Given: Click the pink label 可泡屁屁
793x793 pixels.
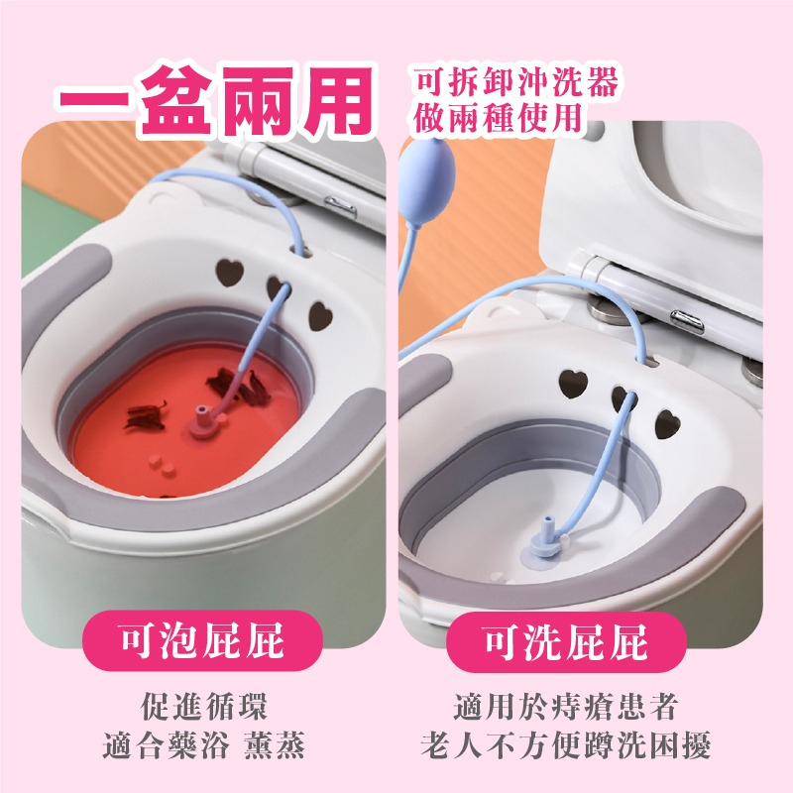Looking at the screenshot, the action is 202,640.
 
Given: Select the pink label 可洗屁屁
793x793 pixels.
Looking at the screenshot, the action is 566,641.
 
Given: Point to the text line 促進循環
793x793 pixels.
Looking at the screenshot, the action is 203,706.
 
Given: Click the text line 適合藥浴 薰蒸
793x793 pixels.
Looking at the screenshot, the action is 203,744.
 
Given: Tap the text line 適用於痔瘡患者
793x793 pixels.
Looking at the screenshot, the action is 565,706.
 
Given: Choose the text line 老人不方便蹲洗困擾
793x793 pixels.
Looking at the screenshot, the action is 565,744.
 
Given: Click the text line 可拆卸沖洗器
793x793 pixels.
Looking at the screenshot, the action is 516,82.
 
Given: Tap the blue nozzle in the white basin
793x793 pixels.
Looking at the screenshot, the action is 547,537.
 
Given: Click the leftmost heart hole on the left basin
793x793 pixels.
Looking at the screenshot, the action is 229,272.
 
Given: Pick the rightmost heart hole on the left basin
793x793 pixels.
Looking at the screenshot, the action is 320,316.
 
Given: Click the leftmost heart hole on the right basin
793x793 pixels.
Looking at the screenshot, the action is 573,384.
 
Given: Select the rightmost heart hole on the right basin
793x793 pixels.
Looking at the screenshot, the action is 667,424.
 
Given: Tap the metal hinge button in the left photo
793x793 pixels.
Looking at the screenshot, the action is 341,206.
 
